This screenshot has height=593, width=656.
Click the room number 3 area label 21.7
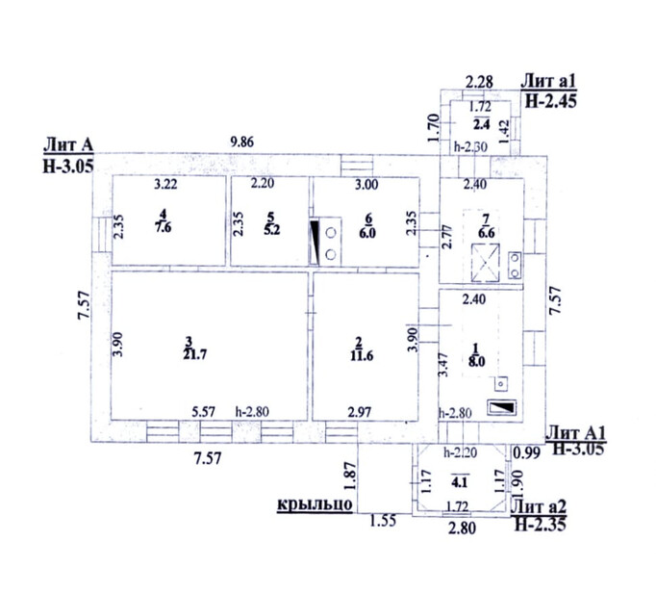tap(195, 354)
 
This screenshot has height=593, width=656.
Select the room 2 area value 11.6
tap(362, 355)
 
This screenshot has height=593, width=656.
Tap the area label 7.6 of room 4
tap(164, 227)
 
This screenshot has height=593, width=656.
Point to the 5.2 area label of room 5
tap(271, 229)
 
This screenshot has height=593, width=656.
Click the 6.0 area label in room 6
tap(367, 232)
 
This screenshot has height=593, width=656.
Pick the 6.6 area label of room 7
tap(486, 232)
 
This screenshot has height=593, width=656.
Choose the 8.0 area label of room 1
tap(476, 361)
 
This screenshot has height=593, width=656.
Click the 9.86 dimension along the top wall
tap(241, 142)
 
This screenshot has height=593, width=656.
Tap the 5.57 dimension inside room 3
tap(203, 412)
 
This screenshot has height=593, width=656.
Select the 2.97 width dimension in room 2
tap(360, 412)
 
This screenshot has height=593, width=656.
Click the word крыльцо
tap(315, 503)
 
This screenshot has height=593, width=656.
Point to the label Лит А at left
tap(68, 145)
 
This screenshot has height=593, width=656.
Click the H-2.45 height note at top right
tap(550, 101)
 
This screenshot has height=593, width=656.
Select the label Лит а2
tap(539, 506)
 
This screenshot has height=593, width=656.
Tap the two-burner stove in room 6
tap(330, 242)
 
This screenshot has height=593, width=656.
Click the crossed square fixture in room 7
tap(486, 263)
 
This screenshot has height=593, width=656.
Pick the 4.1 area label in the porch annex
tap(459, 482)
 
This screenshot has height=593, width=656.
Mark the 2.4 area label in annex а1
tap(482, 124)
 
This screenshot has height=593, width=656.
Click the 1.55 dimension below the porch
tap(383, 522)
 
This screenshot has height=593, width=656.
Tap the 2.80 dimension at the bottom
tap(462, 529)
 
